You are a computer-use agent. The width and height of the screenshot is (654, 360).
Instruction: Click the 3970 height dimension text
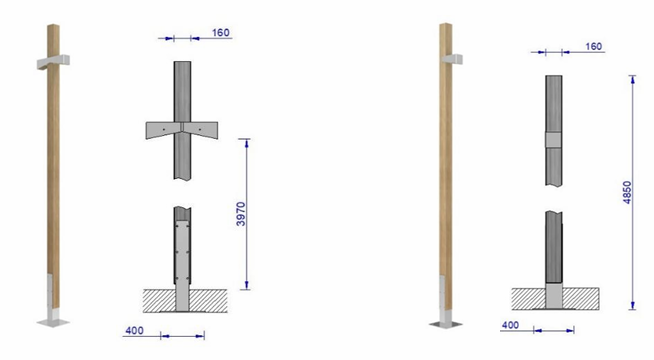tap(241, 214)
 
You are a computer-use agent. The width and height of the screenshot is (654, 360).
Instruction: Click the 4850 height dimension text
tap(627, 192)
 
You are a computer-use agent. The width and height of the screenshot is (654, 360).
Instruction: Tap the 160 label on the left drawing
tap(221, 33)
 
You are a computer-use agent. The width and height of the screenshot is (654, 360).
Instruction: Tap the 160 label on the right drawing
tap(594, 46)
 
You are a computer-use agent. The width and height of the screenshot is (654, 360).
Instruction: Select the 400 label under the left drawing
tap(134, 331)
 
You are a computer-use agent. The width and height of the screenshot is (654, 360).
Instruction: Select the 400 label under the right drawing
tap(510, 325)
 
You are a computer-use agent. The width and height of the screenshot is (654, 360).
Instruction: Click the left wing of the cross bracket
tap(164, 130)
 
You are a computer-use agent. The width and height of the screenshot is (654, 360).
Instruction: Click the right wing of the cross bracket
tap(200, 130)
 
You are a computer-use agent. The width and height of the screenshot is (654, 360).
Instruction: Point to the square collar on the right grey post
tap(553, 140)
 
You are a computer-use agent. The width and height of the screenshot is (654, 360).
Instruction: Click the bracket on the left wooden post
tap(53, 62)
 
